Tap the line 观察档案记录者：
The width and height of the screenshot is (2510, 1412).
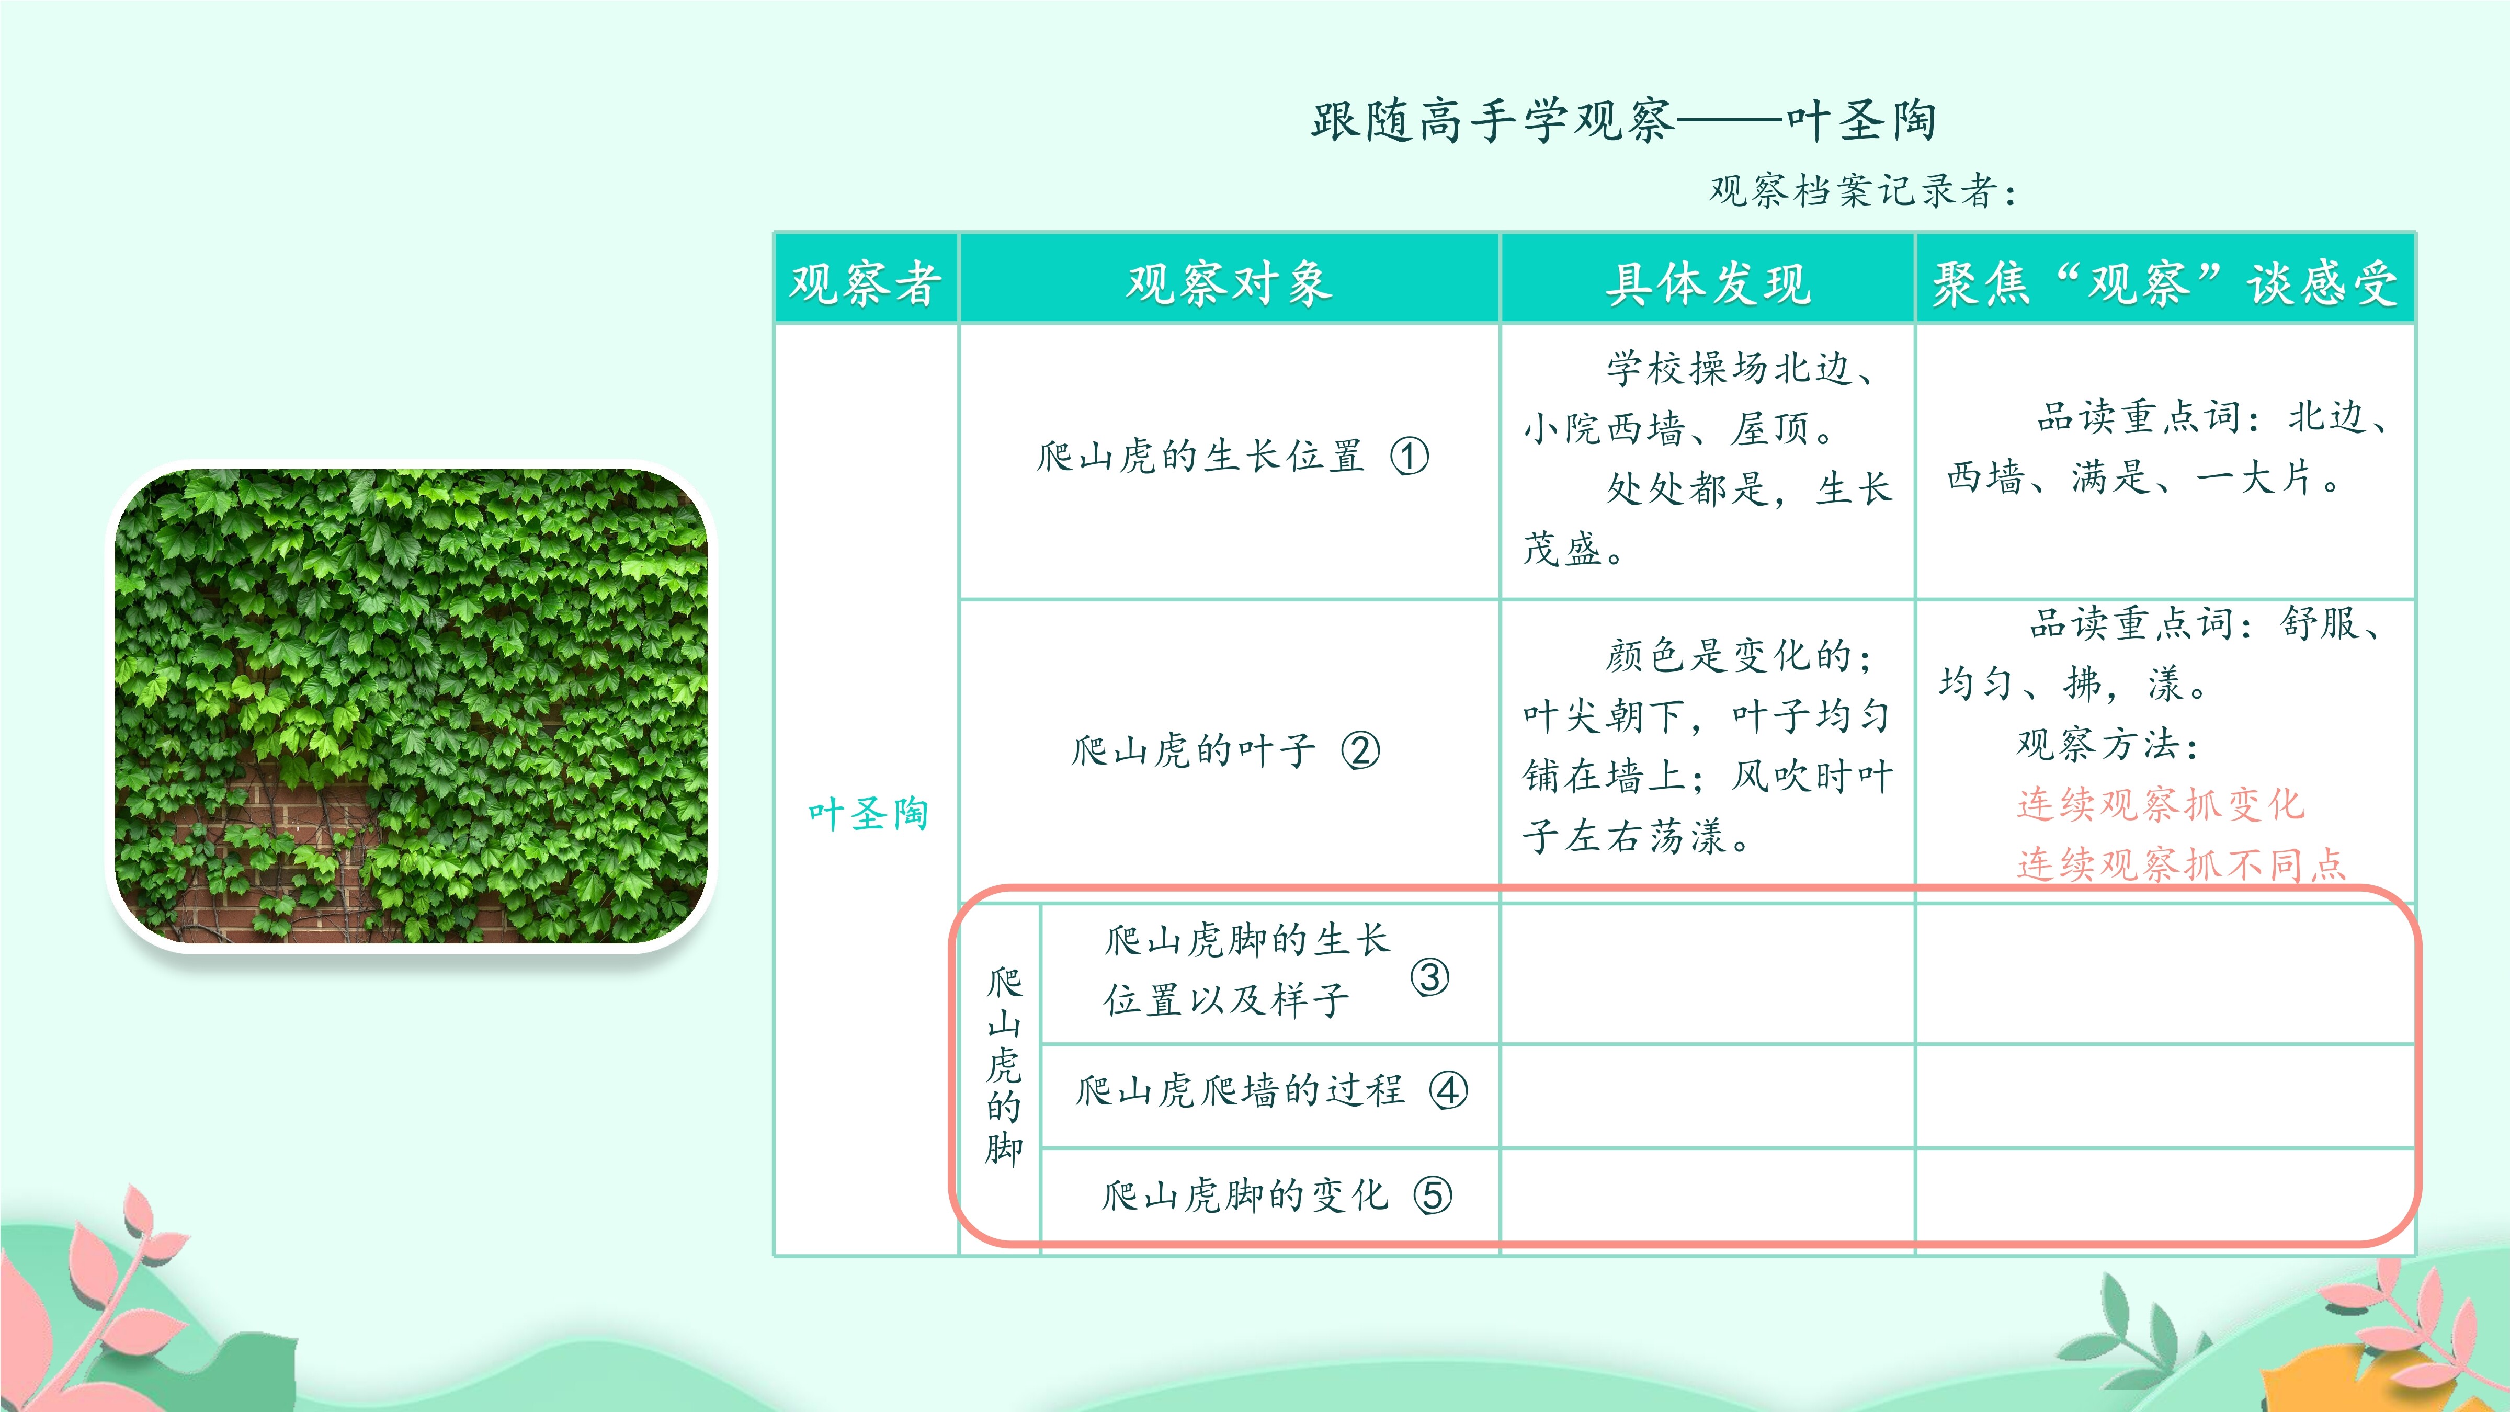pos(1863,191)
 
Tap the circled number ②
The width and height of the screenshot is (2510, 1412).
pos(1360,750)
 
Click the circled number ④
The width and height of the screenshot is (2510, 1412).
pos(1448,1090)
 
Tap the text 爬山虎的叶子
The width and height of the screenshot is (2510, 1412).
pos(1194,750)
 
